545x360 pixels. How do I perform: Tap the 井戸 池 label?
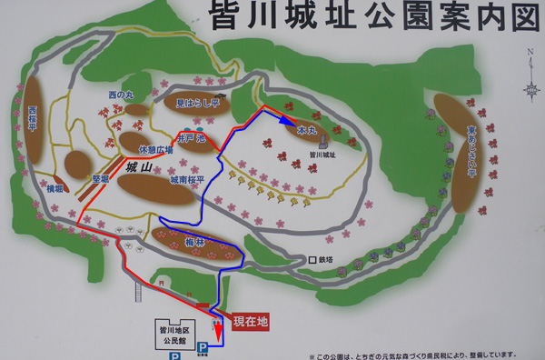[x=193, y=138]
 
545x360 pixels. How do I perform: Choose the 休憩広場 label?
[x=154, y=149]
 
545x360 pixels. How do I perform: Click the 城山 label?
[x=138, y=167]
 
